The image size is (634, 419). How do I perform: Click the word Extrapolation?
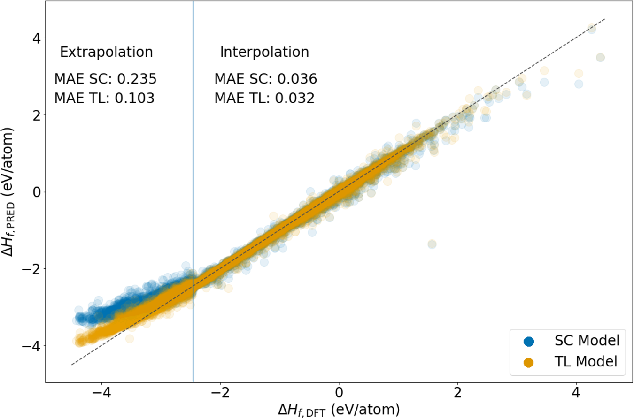point(106,52)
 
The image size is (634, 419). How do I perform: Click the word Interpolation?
point(264,52)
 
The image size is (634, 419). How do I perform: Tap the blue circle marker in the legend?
point(529,341)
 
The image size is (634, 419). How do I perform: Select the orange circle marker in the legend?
point(529,362)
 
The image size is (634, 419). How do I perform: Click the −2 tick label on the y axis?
point(31,269)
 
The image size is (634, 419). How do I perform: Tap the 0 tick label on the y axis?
point(36,192)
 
